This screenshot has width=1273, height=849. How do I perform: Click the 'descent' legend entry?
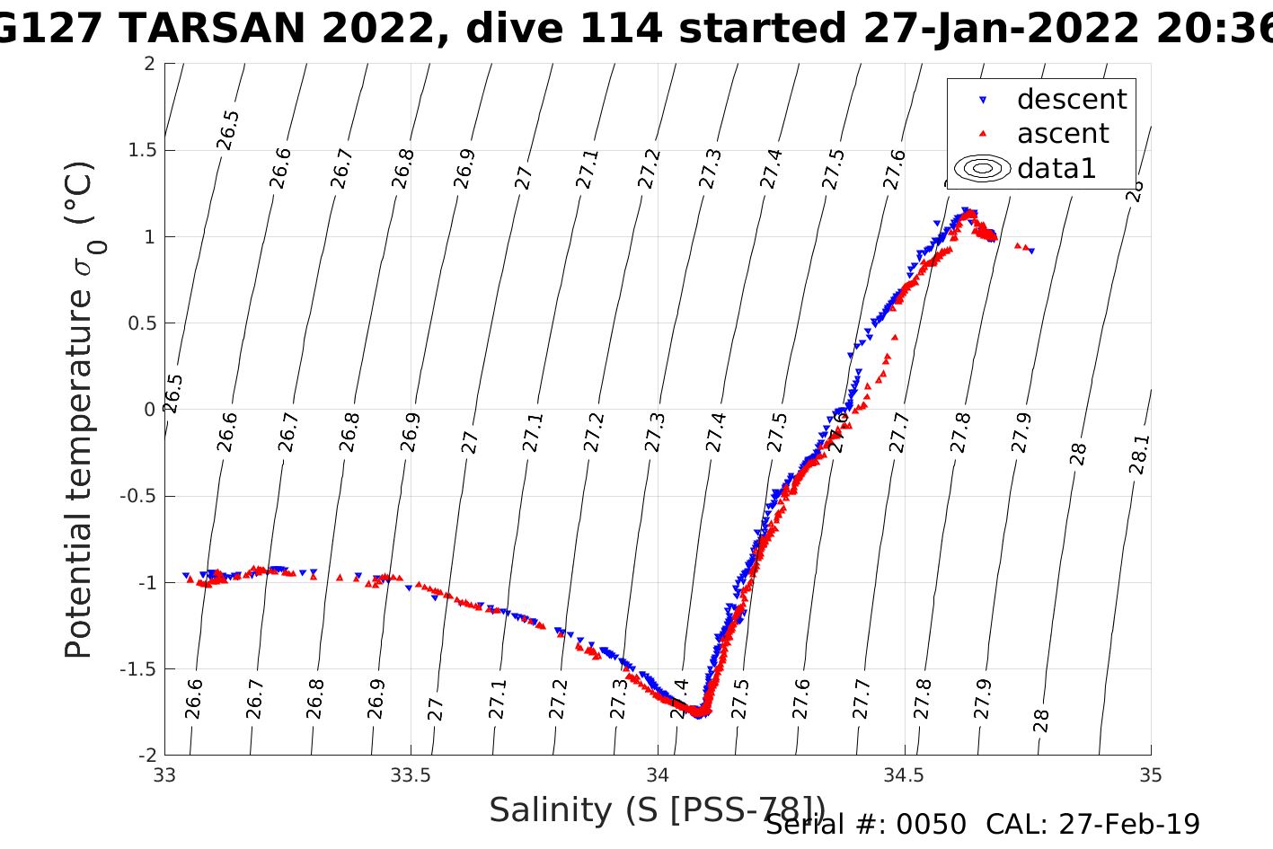(x=1071, y=100)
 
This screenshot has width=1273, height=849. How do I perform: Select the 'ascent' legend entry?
(x=1063, y=134)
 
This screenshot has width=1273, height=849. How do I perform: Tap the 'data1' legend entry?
(x=1056, y=168)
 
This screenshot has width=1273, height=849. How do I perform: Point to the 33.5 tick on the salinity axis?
(x=411, y=775)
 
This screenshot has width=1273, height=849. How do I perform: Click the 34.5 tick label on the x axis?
(x=904, y=775)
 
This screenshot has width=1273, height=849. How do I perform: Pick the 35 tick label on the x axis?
(x=1150, y=775)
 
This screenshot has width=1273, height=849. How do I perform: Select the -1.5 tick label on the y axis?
(x=137, y=669)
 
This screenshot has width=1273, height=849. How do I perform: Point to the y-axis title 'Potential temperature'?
(x=79, y=409)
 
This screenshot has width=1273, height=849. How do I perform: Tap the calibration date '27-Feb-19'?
(x=1129, y=824)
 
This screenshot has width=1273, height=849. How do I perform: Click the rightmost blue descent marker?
(x=1031, y=251)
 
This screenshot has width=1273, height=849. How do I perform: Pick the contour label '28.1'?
(x=1138, y=455)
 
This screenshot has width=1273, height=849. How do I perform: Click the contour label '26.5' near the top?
(x=228, y=129)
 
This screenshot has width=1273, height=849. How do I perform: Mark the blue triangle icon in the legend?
(x=982, y=100)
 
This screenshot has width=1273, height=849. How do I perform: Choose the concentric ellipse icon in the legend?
(x=982, y=168)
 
